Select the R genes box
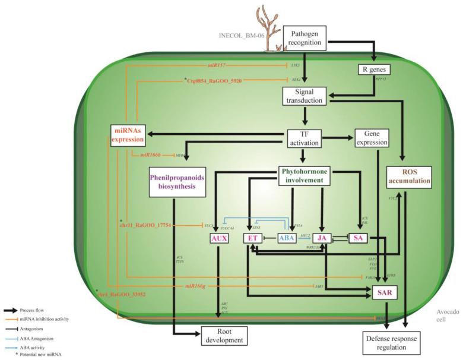(x=375, y=70)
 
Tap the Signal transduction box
(x=303, y=96)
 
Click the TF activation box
(x=303, y=137)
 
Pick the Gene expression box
(x=371, y=137)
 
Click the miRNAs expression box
(x=128, y=135)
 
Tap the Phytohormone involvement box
(x=304, y=175)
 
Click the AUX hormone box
(x=219, y=238)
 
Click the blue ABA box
(x=288, y=238)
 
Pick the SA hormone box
(x=358, y=238)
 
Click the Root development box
(x=223, y=336)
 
